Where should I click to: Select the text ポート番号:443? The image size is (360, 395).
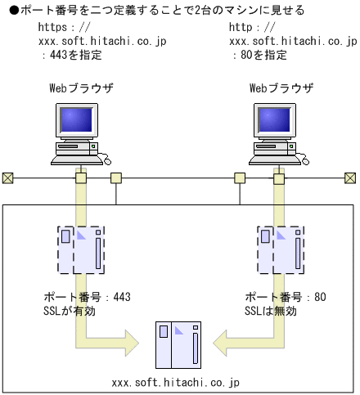click(86, 297)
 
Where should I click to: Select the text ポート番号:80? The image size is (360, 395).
click(286, 297)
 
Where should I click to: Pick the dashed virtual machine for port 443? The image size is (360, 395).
click(81, 249)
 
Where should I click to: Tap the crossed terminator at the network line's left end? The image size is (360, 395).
click(7, 177)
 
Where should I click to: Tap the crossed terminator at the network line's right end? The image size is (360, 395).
click(350, 177)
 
